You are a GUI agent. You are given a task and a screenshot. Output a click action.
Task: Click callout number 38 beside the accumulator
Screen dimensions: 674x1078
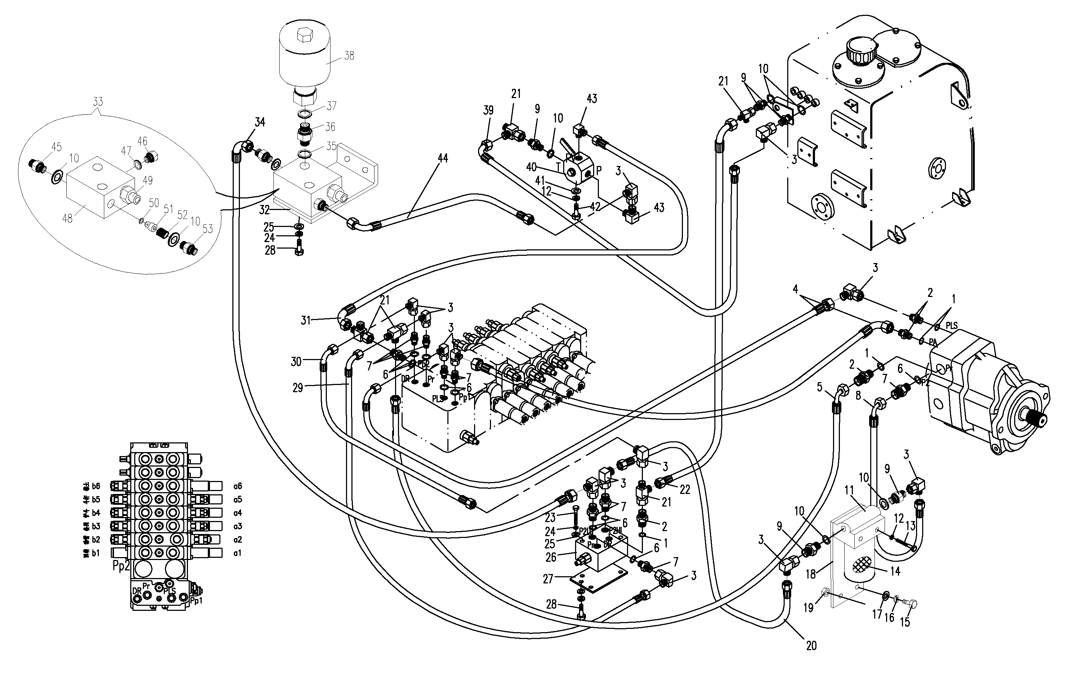click(x=349, y=56)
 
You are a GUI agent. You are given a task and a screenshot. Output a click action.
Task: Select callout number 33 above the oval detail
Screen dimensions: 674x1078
click(x=98, y=102)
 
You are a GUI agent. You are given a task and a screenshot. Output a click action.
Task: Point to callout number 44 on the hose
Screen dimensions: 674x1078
click(x=443, y=158)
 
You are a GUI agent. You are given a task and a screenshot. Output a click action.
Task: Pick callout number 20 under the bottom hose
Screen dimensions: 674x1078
click(x=811, y=646)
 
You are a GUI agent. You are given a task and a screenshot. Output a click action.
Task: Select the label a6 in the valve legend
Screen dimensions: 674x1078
click(x=237, y=486)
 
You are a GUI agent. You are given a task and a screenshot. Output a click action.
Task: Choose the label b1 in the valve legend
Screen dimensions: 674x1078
click(x=96, y=553)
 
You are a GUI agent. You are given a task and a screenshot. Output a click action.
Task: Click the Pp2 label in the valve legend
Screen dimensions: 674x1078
click(x=121, y=566)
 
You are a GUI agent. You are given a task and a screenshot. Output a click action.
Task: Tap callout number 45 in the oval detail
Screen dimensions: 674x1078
click(x=56, y=147)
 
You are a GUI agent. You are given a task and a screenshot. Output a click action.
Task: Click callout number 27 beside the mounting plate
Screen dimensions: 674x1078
click(x=548, y=579)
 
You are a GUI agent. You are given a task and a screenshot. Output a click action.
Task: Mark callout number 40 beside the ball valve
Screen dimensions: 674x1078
click(x=531, y=167)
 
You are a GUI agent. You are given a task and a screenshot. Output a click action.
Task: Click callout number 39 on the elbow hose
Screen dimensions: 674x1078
click(x=488, y=110)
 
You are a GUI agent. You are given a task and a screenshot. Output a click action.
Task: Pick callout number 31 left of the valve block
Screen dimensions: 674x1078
click(x=305, y=320)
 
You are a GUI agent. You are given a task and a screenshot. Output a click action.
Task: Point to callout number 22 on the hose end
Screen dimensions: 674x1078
click(x=685, y=490)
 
